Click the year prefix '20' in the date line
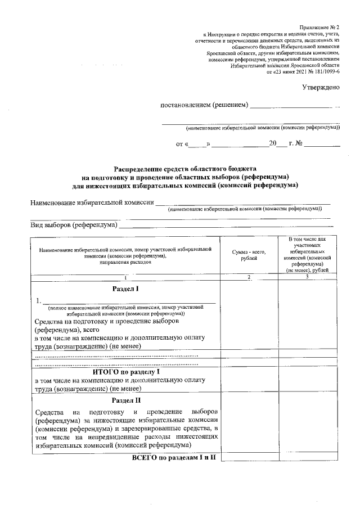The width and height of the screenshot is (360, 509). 273,144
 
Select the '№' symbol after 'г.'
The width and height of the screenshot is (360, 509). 299,144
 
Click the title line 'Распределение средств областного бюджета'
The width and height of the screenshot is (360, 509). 185,168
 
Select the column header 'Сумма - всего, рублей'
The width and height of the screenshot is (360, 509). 249,255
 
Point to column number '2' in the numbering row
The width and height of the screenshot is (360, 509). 249,277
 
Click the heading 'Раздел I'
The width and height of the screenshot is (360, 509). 125,288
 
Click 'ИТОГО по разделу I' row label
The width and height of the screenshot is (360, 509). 126,371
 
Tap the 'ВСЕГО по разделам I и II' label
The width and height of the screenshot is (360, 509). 174,458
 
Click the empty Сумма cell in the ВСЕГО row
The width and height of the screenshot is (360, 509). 249,458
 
